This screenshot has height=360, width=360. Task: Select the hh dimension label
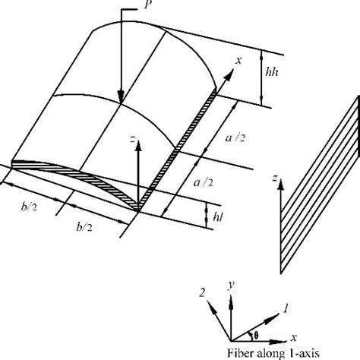click(x=272, y=72)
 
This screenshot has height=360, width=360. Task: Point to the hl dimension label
click(x=218, y=216)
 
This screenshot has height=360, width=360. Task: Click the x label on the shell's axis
click(x=238, y=61)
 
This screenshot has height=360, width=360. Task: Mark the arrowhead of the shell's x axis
click(x=229, y=75)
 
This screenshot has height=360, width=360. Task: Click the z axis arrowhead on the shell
click(x=138, y=146)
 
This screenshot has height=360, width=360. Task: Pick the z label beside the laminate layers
click(x=274, y=178)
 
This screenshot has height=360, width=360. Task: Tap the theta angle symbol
click(x=256, y=336)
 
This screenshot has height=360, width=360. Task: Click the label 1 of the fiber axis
click(x=286, y=309)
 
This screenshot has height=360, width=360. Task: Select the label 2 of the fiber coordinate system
click(x=202, y=293)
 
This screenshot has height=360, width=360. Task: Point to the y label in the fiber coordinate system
click(x=230, y=285)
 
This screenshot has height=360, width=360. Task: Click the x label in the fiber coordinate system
click(x=293, y=337)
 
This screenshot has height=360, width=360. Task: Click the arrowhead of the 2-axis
click(x=212, y=307)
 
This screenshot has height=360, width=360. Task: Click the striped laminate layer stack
click(x=320, y=185)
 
